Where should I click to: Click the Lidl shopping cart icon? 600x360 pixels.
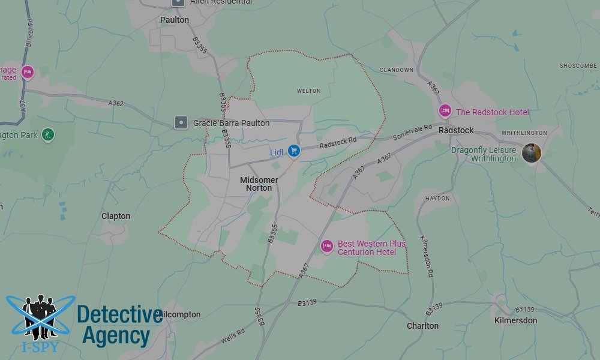point(293,151)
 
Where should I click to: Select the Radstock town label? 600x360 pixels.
point(456,130)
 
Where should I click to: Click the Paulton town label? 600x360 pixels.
point(175,20)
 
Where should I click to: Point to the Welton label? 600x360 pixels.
point(309,91)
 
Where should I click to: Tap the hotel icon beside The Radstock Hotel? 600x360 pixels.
point(445,111)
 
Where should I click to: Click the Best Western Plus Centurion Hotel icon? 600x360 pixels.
point(327,246)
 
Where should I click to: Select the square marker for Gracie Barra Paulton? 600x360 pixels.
point(180,123)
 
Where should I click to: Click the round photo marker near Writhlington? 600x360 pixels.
point(531,153)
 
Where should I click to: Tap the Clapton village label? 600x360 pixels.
point(116,216)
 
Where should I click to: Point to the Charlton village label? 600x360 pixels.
point(422,326)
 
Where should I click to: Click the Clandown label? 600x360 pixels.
point(397,70)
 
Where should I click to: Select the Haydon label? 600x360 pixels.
point(437,198)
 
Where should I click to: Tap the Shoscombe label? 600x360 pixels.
point(578,65)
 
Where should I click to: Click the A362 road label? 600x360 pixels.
point(116,103)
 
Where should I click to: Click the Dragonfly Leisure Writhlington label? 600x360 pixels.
point(484,154)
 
